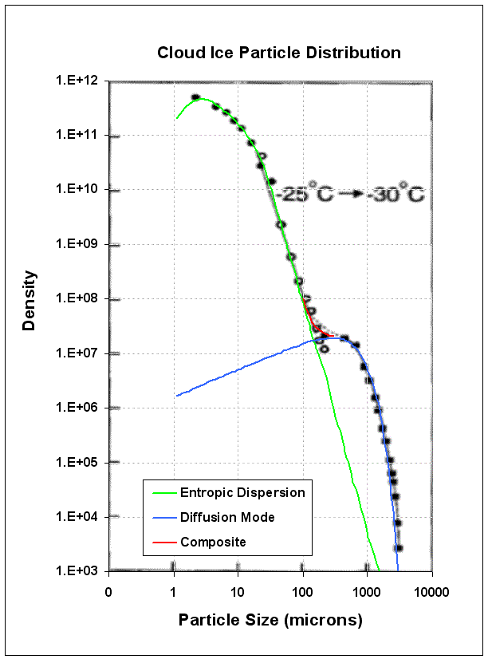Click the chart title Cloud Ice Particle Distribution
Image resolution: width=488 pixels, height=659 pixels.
pos(278,53)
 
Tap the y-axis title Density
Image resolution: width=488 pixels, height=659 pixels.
pos(30,300)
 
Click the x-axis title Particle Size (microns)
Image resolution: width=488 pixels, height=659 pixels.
pos(270,620)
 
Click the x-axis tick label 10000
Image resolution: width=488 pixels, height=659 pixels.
pos(432,593)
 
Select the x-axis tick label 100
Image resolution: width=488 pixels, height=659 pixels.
pos(302,593)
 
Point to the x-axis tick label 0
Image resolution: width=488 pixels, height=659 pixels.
pos(108,593)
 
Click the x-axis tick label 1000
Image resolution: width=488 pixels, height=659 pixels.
pos(367,593)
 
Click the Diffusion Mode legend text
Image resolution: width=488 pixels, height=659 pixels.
pos(227,517)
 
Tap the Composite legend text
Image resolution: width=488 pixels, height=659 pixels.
pos(213,542)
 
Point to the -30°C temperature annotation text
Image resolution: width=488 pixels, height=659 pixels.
pos(399,193)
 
